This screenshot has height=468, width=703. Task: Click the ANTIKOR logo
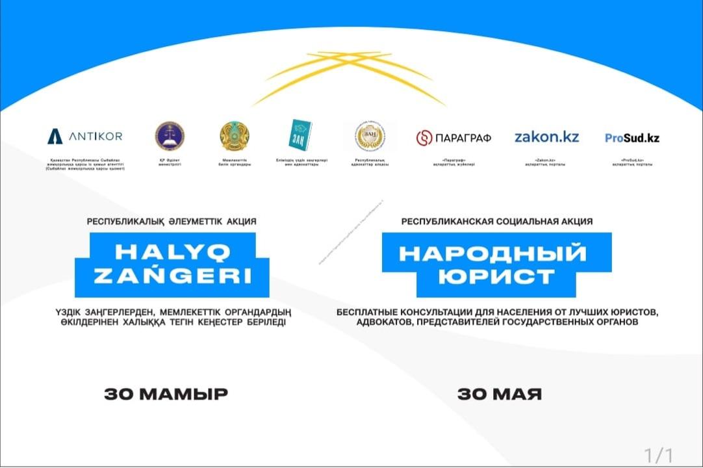[x=84, y=136]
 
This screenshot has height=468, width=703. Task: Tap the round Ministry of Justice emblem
[x=170, y=136]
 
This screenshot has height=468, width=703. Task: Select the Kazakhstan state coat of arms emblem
[x=235, y=136]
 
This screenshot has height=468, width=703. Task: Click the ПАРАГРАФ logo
[x=454, y=138]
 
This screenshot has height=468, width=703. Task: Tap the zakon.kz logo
[x=546, y=137]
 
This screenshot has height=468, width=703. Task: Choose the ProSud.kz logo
[x=632, y=138]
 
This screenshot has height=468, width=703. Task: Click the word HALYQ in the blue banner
[x=172, y=251]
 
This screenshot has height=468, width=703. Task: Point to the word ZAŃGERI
[x=172, y=276]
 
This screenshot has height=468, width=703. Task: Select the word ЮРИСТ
[x=496, y=276]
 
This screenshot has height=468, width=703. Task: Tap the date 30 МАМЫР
[x=166, y=394]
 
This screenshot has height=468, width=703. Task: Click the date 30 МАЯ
[x=499, y=394]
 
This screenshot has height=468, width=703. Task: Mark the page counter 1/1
[x=658, y=453]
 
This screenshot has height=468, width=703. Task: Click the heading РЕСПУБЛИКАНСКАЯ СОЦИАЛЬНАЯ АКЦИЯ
[x=496, y=222]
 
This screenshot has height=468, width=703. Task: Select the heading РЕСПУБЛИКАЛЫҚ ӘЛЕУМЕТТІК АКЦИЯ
[x=172, y=222]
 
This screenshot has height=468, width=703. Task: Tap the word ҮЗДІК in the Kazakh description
[x=71, y=312]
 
